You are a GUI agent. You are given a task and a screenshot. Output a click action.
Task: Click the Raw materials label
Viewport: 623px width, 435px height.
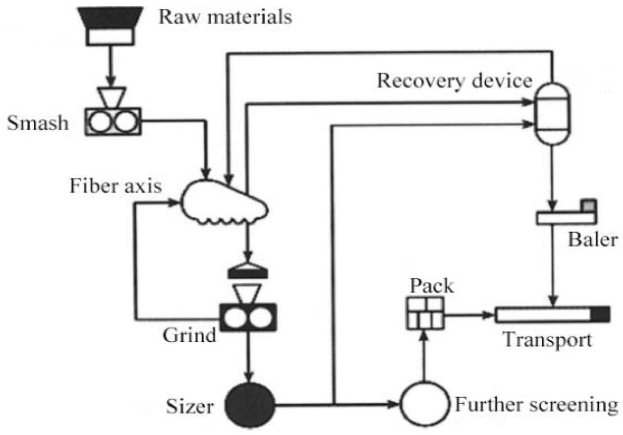click(x=225, y=17)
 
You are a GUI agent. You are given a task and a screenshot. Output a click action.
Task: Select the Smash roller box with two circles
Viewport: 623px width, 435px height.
click(x=113, y=122)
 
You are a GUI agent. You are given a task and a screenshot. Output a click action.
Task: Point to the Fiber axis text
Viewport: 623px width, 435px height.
click(x=116, y=186)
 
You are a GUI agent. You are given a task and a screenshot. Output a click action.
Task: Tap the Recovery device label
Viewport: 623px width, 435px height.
click(x=455, y=81)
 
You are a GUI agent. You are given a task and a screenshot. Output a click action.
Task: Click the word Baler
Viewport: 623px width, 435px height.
click(x=592, y=239)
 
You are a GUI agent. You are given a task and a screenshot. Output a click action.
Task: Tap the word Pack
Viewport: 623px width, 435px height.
click(x=432, y=286)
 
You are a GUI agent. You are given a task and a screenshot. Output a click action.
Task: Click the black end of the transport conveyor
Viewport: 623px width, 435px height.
click(x=601, y=314)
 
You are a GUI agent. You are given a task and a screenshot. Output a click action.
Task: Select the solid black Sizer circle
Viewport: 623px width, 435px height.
click(x=250, y=405)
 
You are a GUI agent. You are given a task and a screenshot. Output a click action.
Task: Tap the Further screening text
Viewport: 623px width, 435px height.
click(x=537, y=404)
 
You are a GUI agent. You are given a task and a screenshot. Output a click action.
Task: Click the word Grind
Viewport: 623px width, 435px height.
click(x=189, y=335)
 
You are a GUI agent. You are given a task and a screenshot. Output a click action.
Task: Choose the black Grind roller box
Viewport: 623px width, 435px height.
click(x=248, y=317)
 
